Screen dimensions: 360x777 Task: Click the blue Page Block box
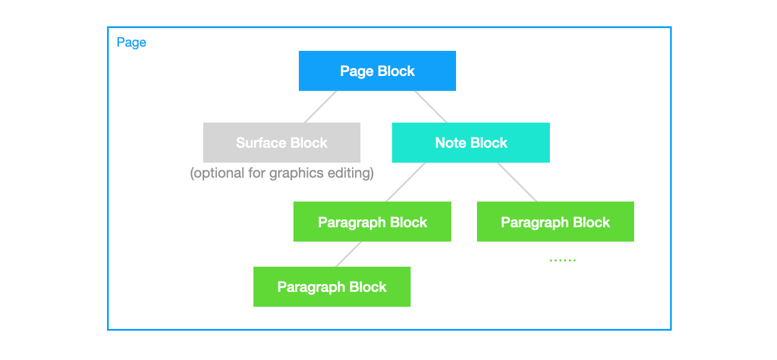[x=377, y=71]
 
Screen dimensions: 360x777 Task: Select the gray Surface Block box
[x=282, y=142]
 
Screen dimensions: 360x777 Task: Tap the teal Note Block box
[x=470, y=142]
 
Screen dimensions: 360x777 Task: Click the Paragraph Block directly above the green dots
[x=555, y=222]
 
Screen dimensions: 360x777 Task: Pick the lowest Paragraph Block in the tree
[x=332, y=286]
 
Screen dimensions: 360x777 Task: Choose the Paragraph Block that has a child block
[x=372, y=222]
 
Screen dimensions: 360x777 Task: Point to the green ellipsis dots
[x=562, y=260]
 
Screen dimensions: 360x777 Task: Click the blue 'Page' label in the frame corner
[x=131, y=42]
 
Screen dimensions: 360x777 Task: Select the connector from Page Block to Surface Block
[x=321, y=106]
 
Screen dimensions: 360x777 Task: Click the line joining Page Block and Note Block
[x=431, y=106]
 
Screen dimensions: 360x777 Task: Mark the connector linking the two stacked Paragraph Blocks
[x=348, y=254]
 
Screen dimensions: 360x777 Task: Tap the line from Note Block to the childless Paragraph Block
[x=517, y=182]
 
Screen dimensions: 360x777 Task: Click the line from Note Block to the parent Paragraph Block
[x=406, y=182]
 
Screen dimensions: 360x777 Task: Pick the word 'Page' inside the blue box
[x=354, y=71]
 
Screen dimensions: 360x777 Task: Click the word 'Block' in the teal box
[x=489, y=143]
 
